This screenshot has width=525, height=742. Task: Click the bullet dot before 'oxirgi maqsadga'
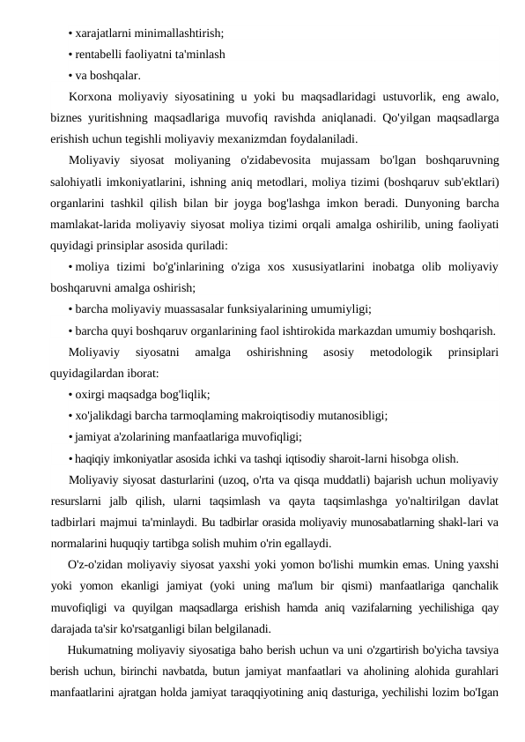point(70,394)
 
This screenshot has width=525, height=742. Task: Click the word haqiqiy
point(97,457)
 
